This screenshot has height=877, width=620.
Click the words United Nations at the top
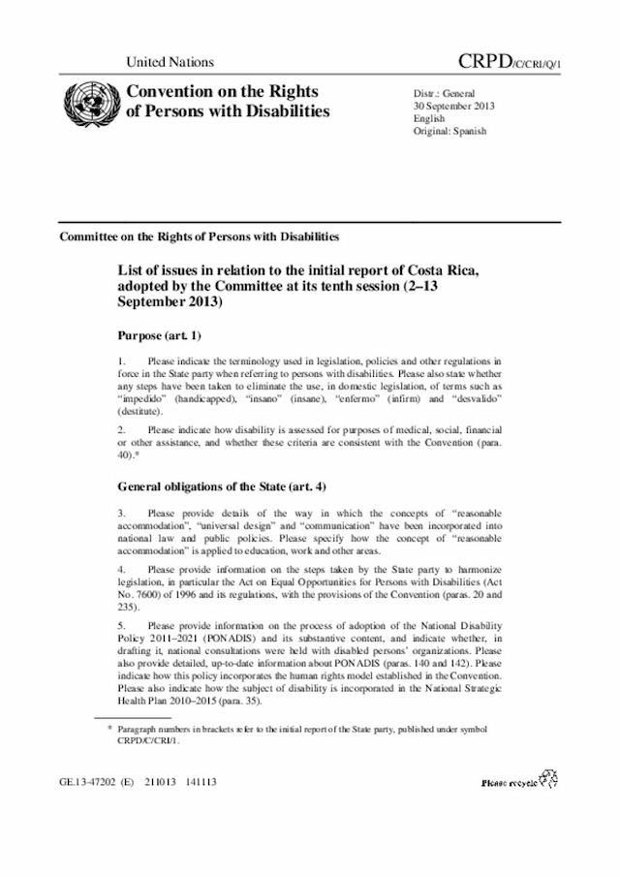point(170,62)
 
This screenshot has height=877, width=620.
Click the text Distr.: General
point(446,93)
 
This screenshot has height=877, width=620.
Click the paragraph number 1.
point(121,360)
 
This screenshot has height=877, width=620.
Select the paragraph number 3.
point(121,512)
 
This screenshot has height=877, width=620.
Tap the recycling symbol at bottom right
point(548,776)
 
